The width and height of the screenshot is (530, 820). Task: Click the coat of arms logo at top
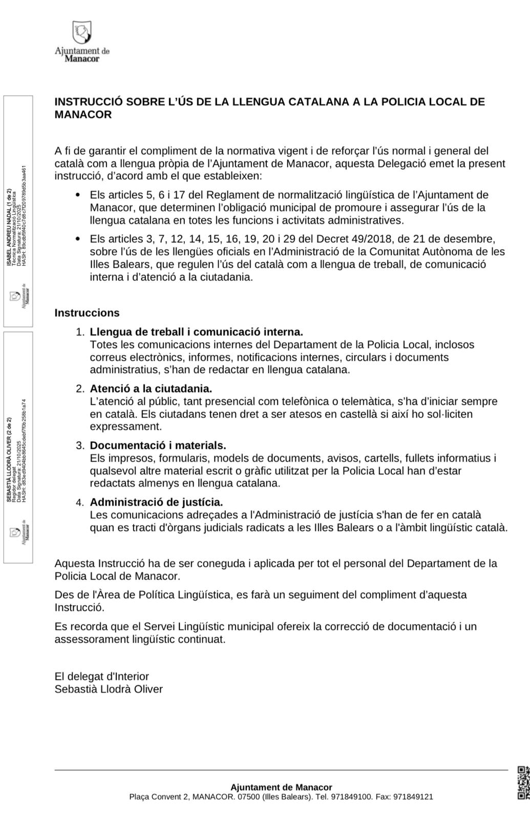click(82, 32)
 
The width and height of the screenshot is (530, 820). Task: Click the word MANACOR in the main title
click(83, 115)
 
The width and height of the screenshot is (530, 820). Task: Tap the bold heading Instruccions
click(87, 313)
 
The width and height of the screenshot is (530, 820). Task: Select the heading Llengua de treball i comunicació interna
click(197, 332)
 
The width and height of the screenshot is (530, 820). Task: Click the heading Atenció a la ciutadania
click(151, 388)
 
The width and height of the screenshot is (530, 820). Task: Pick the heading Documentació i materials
click(158, 445)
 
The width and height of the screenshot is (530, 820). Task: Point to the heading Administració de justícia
click(156, 502)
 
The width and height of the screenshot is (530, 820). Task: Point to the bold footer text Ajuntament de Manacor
click(281, 787)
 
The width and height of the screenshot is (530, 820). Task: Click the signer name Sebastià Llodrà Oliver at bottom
click(109, 689)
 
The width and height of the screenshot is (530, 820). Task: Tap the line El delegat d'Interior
click(102, 676)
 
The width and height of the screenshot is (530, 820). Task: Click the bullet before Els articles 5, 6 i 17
click(78, 195)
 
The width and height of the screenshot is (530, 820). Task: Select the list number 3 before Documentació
click(80, 446)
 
